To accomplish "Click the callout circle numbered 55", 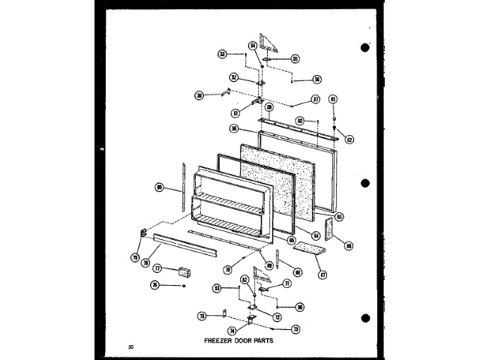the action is [295, 58].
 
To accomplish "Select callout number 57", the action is [316, 99].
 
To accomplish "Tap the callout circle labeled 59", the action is [268, 107].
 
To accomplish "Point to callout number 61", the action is [333, 99].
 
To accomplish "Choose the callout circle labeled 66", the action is [349, 245].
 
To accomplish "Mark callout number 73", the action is [295, 328].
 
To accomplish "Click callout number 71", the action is [286, 283].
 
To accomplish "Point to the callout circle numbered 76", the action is [155, 285].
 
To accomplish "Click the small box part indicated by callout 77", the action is [183, 271].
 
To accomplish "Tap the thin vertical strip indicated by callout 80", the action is [181, 187].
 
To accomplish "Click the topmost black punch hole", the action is [365, 48].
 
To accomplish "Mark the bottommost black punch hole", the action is [365, 315].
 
